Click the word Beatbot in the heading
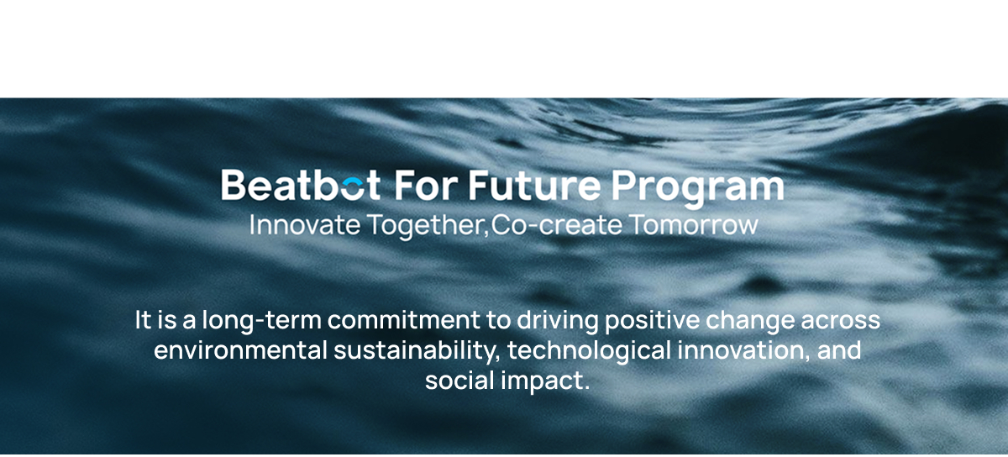tap(301, 185)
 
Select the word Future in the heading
tap(534, 185)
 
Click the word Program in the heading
tap(698, 188)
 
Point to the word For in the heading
tap(426, 185)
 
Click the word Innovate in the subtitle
tap(305, 224)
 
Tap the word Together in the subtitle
tap(428, 226)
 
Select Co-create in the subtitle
tap(557, 224)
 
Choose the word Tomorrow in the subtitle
tap(694, 224)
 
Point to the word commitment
tap(404, 320)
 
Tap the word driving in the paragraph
tap(558, 322)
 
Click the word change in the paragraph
tap(750, 322)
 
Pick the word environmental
tap(241, 350)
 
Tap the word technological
tap(590, 352)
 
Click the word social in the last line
tap(460, 381)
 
